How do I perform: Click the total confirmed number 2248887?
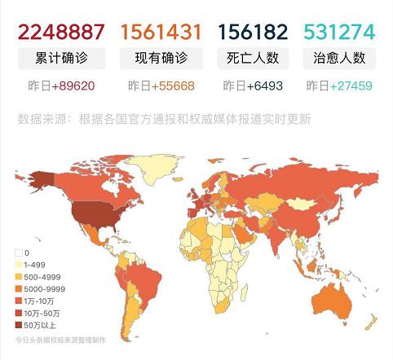click(61, 32)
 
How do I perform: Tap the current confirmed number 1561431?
click(161, 32)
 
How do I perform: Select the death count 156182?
click(253, 32)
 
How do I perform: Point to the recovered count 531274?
click(339, 32)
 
